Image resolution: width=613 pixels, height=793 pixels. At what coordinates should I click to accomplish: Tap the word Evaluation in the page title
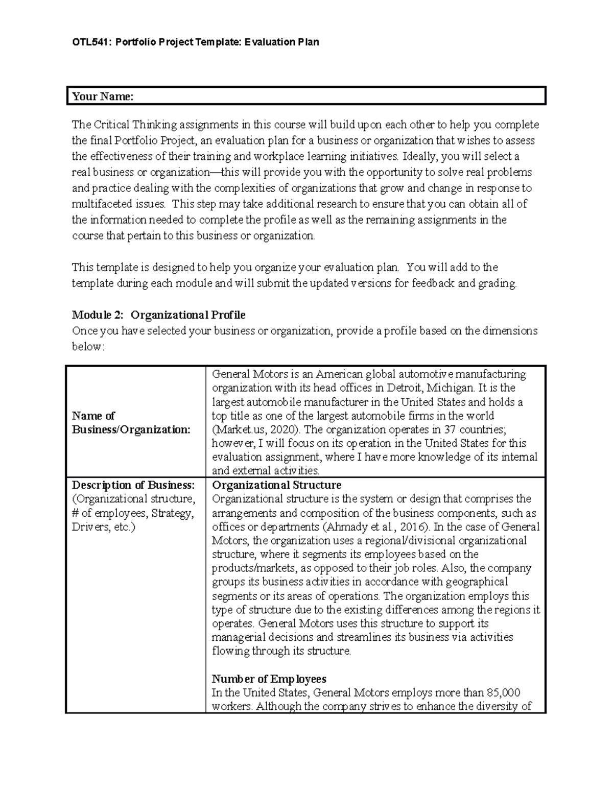(x=269, y=42)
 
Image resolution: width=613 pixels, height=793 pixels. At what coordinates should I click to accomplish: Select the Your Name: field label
(x=103, y=97)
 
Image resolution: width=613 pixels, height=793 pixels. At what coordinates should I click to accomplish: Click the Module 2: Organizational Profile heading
(x=158, y=315)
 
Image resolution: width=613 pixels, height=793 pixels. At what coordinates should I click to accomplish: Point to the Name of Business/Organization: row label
(x=131, y=422)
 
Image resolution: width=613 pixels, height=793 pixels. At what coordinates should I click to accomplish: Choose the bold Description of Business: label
(x=133, y=485)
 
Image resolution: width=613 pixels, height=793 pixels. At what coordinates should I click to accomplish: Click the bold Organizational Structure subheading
(x=276, y=485)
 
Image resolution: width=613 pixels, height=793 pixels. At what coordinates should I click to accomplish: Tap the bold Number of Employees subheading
(x=269, y=679)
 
